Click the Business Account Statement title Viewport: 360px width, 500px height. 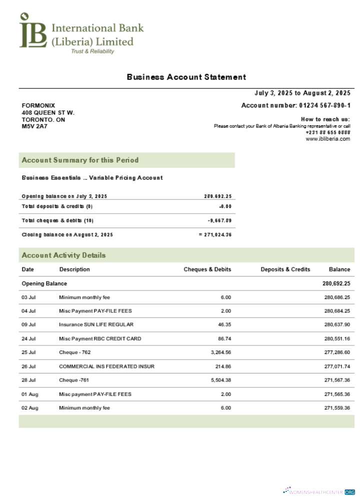[186, 77]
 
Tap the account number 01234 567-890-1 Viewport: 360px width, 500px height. [324, 105]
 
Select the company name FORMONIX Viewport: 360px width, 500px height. [38, 105]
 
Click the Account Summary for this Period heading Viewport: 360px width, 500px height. [80, 160]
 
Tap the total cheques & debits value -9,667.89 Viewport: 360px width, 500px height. [219, 220]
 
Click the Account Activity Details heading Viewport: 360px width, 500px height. [63, 255]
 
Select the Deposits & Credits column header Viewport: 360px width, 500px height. [285, 269]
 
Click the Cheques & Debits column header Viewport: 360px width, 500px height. [207, 269]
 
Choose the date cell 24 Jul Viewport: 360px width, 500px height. [28, 339]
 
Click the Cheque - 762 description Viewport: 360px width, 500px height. [74, 352]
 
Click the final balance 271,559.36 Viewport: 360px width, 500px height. [336, 408]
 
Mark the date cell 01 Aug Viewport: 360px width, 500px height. [29, 394]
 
